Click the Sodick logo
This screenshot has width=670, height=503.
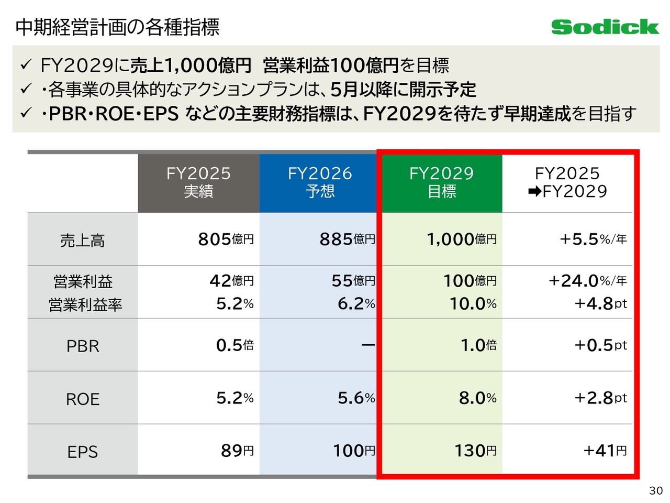[605, 27]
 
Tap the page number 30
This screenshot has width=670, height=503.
[656, 490]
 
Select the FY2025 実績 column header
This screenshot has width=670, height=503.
[198, 182]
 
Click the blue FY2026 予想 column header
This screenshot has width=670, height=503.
[320, 182]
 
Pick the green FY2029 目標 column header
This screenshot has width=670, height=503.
[441, 182]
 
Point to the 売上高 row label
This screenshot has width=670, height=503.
[83, 240]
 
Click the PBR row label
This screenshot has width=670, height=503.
[83, 346]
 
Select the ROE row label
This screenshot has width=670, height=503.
[83, 399]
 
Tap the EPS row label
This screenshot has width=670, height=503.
[83, 452]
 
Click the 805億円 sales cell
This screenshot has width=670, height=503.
[226, 239]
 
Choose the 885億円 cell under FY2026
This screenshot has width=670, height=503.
[347, 239]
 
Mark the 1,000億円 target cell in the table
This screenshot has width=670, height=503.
[461, 239]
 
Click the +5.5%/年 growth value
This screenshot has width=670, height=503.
[593, 239]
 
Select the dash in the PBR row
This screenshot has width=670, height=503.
[368, 345]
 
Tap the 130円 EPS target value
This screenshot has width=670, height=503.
[475, 451]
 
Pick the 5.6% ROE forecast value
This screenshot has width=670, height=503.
[356, 398]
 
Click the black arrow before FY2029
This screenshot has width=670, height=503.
[534, 192]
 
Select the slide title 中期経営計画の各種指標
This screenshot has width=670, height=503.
[118, 27]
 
